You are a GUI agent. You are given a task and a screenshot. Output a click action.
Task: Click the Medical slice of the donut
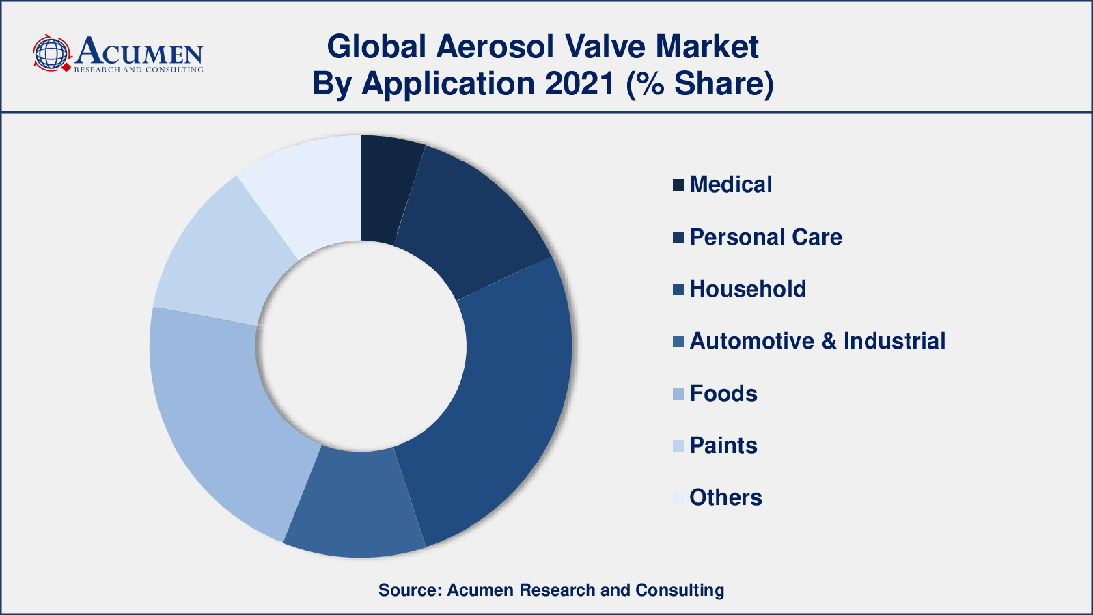[388, 188]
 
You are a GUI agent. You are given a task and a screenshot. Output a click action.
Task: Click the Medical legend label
[730, 184]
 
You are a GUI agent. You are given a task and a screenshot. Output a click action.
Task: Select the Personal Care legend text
[766, 237]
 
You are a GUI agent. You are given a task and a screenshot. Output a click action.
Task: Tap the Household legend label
[747, 289]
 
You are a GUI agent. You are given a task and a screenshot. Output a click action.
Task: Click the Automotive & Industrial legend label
[817, 341]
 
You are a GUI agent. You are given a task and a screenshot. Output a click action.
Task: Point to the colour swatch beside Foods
[679, 394]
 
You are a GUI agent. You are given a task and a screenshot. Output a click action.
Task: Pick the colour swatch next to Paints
[679, 446]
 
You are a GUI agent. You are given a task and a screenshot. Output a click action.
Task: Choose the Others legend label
[725, 497]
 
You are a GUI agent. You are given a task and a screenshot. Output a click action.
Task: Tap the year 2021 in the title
[580, 83]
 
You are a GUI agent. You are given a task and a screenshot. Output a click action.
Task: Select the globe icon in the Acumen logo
[51, 53]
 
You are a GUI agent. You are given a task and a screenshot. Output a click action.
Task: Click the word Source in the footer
[410, 590]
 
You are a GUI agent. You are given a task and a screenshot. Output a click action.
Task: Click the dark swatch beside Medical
[679, 185]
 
